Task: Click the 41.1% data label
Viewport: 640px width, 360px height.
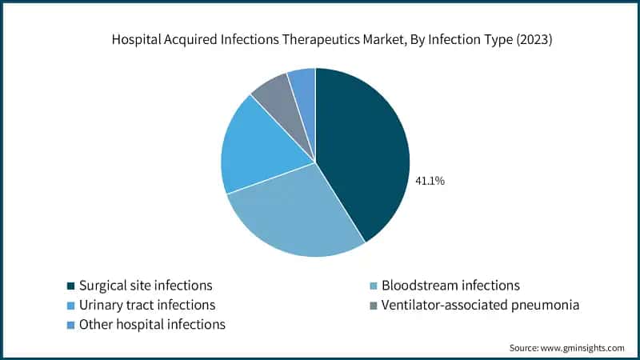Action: [x=430, y=181]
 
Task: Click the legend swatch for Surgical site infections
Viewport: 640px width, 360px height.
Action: [x=70, y=286]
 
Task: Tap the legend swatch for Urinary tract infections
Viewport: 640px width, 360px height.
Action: [x=70, y=306]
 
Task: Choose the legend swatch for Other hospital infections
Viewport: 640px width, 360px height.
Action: [x=70, y=325]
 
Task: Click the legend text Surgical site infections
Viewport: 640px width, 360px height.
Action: [x=145, y=286]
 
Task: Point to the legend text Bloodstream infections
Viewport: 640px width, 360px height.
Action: [x=450, y=286]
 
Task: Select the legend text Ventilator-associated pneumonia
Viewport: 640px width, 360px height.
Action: [x=480, y=306]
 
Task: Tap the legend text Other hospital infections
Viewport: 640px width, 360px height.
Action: [x=151, y=325]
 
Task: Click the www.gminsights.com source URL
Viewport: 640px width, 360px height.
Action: [x=585, y=348]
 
